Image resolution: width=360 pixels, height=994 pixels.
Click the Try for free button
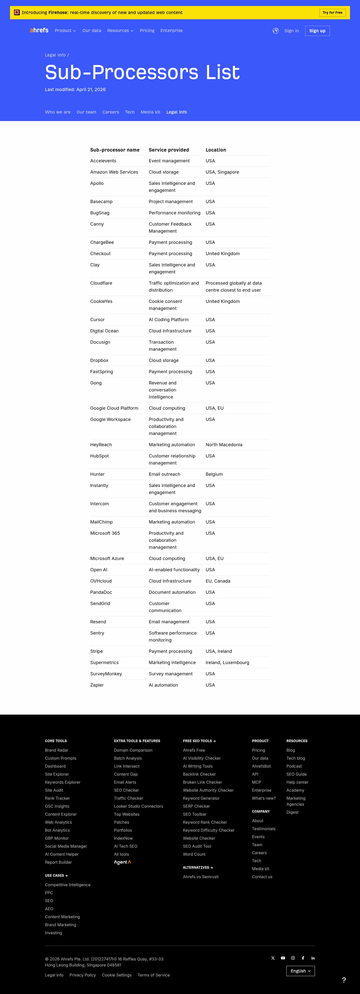tap(332, 13)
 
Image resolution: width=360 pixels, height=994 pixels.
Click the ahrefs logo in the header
tap(39, 30)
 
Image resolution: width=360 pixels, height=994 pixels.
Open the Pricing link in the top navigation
tap(147, 31)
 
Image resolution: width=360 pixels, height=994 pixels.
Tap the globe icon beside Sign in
tap(275, 31)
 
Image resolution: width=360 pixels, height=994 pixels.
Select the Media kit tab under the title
tap(150, 112)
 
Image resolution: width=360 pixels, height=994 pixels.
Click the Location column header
tap(216, 150)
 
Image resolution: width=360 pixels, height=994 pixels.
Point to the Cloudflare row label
tap(101, 283)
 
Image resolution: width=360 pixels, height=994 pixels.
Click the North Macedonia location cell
tap(224, 444)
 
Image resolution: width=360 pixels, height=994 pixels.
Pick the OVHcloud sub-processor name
tap(101, 581)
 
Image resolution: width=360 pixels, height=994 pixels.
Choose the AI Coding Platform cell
tap(168, 319)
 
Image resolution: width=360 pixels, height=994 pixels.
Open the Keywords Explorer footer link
tap(62, 782)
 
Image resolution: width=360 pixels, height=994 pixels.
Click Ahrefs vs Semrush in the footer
tap(201, 877)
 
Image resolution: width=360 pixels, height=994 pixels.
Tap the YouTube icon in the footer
tap(283, 958)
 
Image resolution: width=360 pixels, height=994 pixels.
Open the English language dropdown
tap(300, 971)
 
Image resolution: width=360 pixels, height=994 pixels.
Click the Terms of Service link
tap(153, 975)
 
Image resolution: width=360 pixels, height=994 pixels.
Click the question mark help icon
tap(344, 980)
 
